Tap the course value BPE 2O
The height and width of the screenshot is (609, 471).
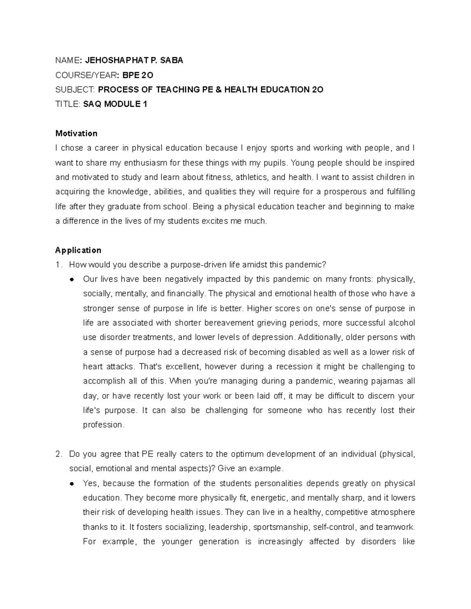pos(135,75)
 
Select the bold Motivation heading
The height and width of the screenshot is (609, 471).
pos(76,133)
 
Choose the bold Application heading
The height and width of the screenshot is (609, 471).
pos(78,250)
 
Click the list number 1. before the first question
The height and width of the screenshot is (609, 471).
pos(58,265)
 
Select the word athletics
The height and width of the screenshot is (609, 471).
pos(251,177)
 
